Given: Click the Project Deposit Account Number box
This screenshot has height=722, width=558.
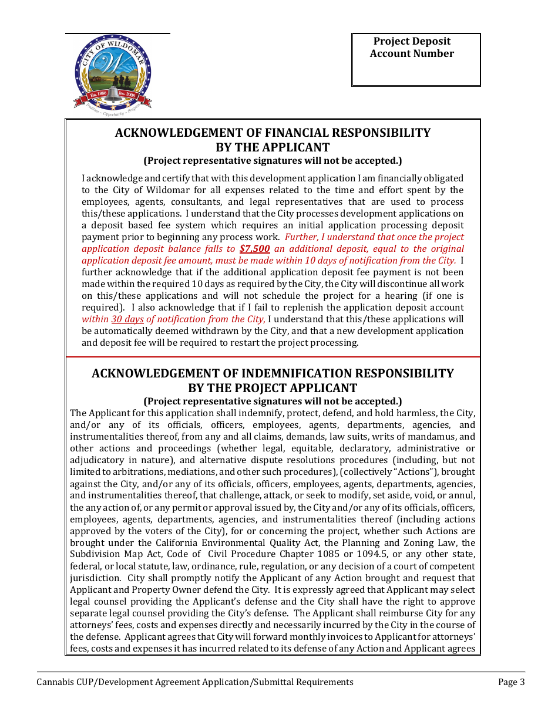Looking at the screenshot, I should tap(416, 60).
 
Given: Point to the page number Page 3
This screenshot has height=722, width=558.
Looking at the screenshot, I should tap(511, 682).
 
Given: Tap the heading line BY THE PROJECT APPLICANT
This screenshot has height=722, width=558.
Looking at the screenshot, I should tap(273, 389).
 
